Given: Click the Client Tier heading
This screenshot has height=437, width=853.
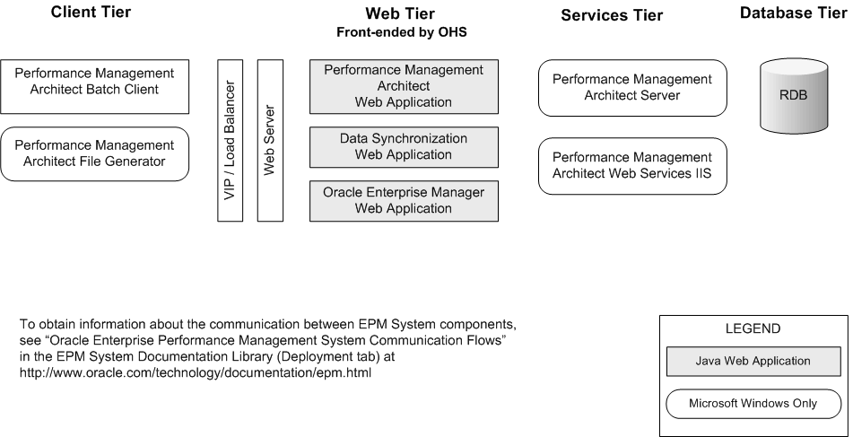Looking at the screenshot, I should tap(91, 13).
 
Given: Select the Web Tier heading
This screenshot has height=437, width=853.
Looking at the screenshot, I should tap(401, 13).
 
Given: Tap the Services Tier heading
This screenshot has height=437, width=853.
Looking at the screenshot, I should tap(612, 15).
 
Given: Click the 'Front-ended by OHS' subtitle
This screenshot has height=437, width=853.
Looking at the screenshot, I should tap(401, 32).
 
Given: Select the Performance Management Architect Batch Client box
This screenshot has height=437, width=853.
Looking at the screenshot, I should tap(94, 86).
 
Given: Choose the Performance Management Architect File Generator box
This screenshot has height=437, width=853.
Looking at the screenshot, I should tap(94, 153).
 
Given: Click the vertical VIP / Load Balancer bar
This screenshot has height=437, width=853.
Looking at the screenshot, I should tap(231, 140).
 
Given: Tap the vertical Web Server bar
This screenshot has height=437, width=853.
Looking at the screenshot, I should tap(270, 140).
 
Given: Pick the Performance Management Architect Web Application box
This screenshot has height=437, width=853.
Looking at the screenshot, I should tap(403, 86).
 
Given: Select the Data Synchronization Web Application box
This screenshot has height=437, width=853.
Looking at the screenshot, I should tap(403, 147).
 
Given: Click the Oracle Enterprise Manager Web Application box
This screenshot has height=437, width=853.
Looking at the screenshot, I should tap(403, 201).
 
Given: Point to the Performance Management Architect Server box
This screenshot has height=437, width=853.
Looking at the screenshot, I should tap(631, 88).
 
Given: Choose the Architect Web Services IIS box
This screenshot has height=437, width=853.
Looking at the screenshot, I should tap(631, 166).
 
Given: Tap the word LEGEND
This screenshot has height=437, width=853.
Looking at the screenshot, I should tap(753, 329).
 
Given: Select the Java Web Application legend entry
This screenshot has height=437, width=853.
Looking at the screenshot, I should tap(753, 362).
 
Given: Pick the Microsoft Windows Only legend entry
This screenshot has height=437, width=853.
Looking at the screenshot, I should tap(753, 403).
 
